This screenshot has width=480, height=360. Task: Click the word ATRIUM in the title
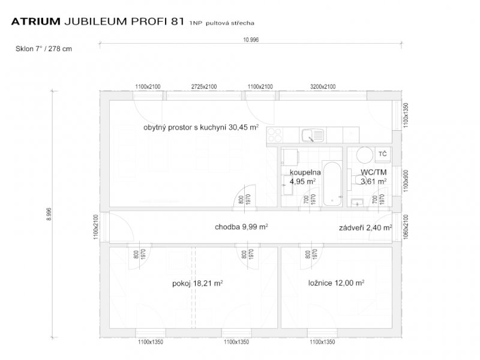coord(35,22)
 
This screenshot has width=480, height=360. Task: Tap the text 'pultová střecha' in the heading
coord(231,23)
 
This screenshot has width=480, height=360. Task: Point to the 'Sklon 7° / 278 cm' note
coord(43,49)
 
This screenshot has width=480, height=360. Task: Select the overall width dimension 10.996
coord(251,39)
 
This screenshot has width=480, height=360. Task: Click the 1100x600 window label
coord(405,179)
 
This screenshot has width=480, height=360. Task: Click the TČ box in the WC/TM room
coord(382,155)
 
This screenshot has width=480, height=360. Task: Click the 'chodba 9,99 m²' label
coord(241,227)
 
